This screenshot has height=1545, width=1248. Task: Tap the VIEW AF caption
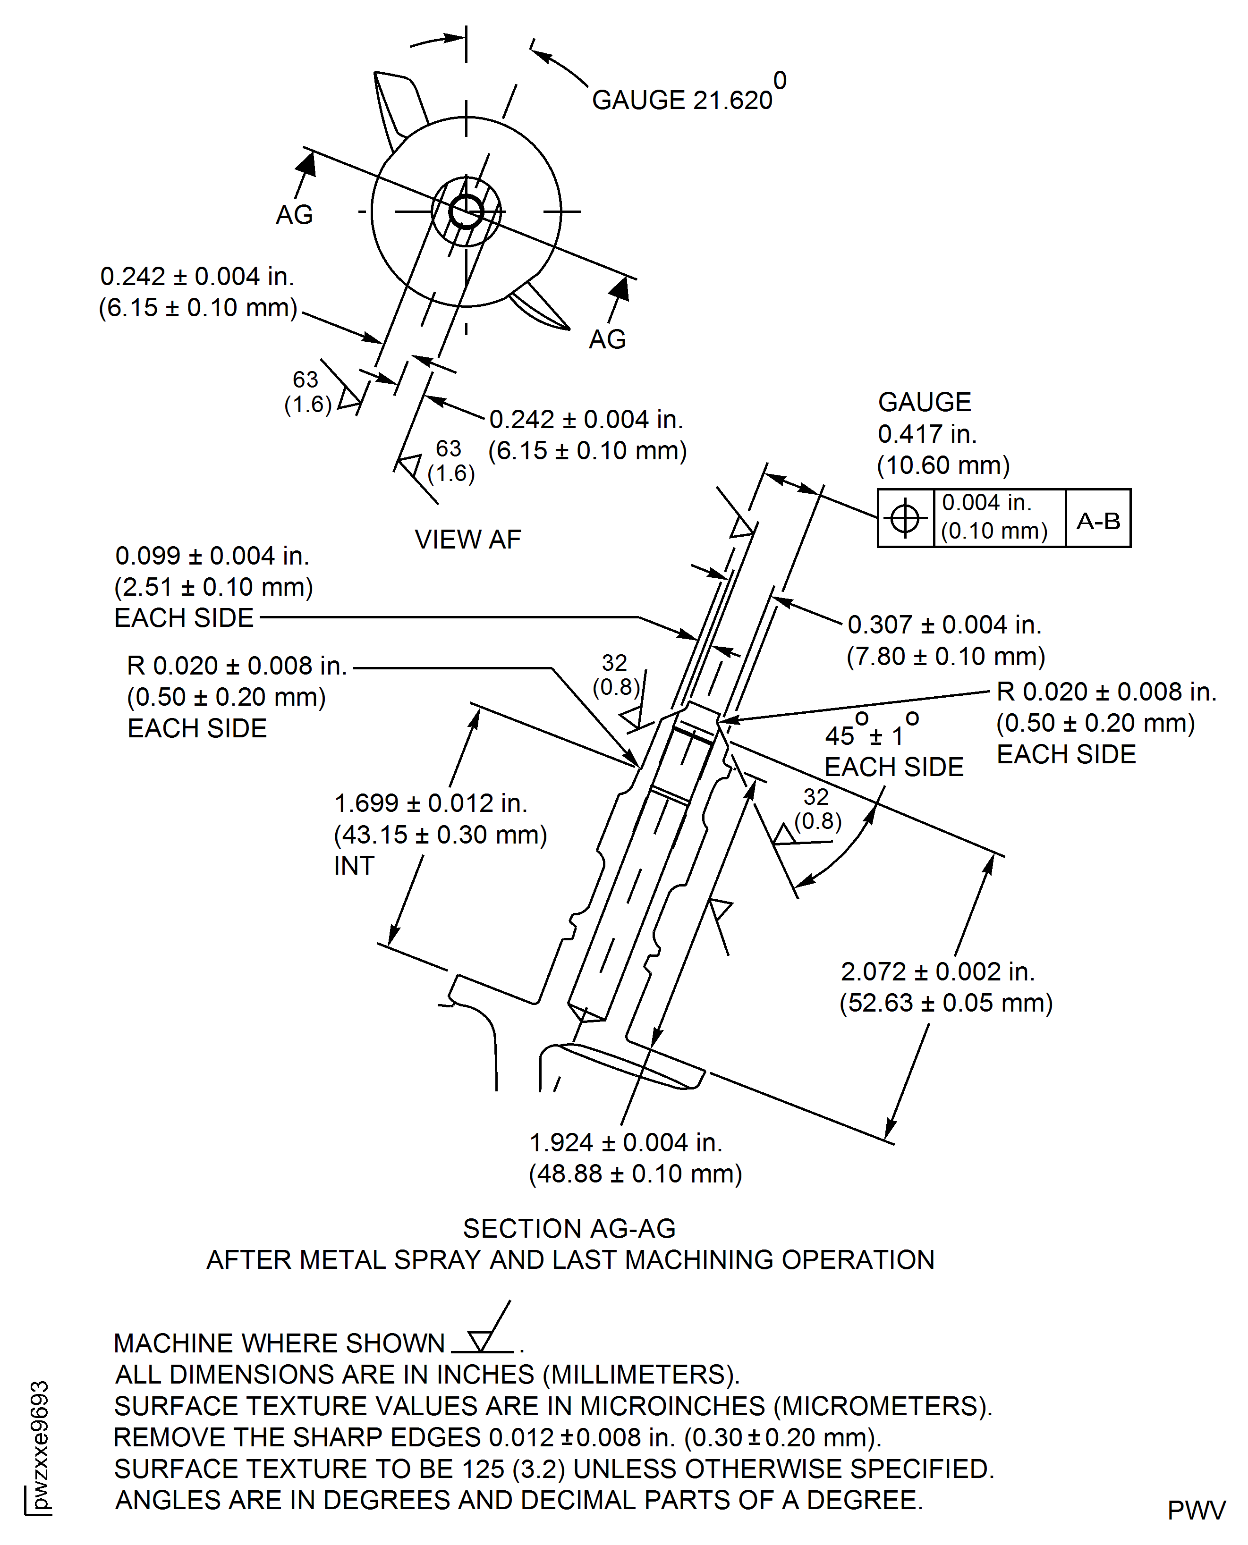(x=467, y=539)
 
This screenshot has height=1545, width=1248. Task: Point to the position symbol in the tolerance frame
(x=905, y=518)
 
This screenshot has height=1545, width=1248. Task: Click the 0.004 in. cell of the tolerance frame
(x=999, y=517)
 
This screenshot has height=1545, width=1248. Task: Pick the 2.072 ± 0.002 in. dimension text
(x=937, y=971)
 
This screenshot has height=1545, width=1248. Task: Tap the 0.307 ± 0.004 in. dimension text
(x=944, y=625)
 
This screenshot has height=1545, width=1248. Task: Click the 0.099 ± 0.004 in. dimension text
(x=212, y=556)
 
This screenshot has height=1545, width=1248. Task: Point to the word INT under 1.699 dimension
(x=354, y=866)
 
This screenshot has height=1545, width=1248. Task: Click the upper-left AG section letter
(x=294, y=215)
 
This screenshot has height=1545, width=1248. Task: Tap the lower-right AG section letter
(x=607, y=339)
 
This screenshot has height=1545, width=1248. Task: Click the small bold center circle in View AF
(x=466, y=212)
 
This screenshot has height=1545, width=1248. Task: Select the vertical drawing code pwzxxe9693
(x=40, y=1444)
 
